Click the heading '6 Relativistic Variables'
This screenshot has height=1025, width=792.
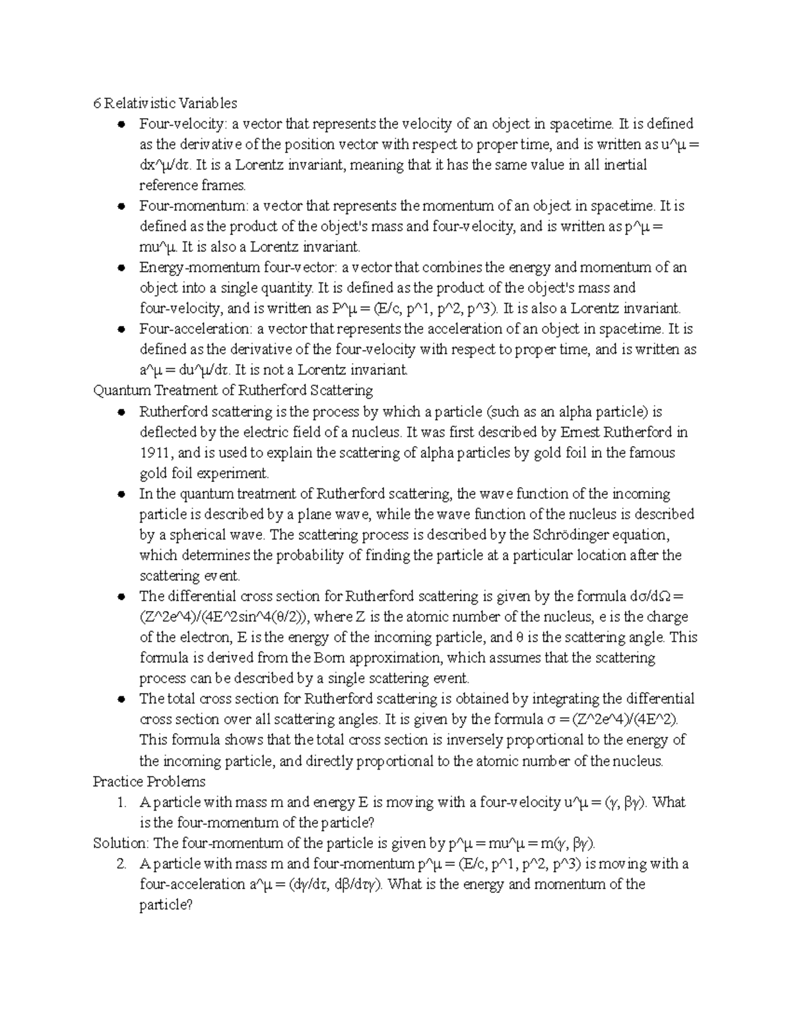click(164, 104)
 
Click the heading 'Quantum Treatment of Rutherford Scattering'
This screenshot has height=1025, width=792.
click(233, 391)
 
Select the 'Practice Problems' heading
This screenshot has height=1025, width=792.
click(149, 782)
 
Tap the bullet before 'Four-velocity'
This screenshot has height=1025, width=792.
click(121, 125)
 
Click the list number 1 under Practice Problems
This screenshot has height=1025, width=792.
click(120, 803)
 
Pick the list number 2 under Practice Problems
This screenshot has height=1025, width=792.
click(120, 865)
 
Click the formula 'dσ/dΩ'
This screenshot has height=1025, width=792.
click(653, 597)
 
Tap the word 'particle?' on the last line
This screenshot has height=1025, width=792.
click(166, 905)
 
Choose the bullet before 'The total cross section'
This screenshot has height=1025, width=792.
click(121, 700)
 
